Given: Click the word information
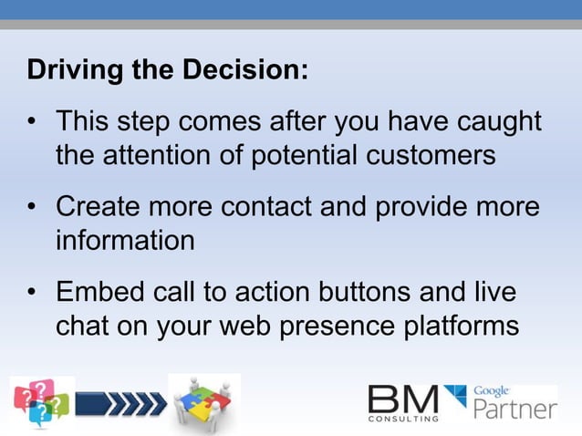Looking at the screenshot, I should [125, 240].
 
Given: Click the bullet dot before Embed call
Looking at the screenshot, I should [34, 294].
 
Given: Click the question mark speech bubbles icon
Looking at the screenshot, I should [41, 402].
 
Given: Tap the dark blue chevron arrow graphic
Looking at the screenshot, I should [120, 402].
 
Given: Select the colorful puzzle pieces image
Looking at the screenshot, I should [204, 401].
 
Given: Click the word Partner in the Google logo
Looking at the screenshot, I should [515, 407].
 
